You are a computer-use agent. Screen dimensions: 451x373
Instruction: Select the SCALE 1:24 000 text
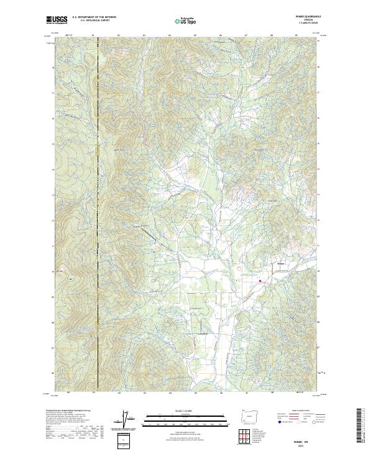(x=185, y=411)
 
